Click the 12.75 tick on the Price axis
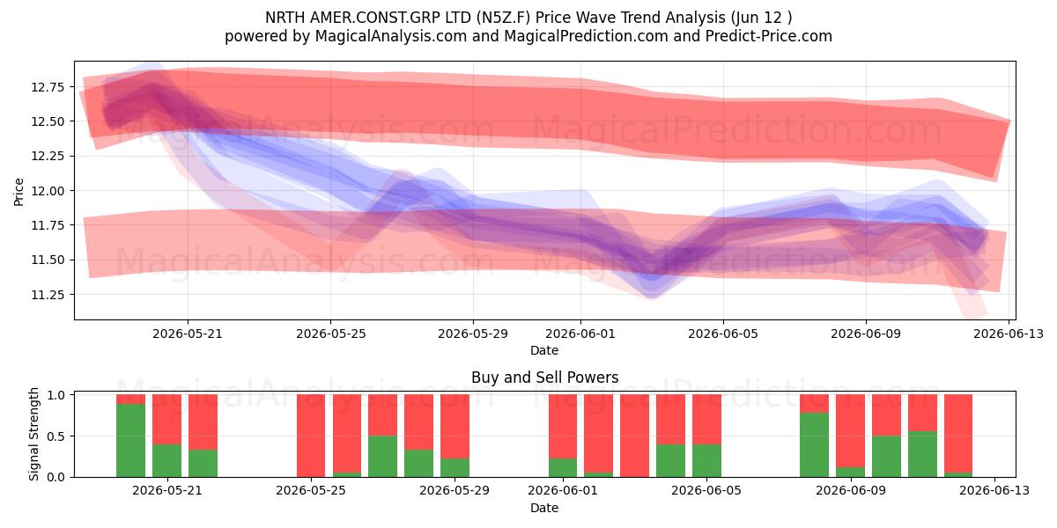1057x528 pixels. coord(48,87)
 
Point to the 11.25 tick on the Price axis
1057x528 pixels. coord(48,295)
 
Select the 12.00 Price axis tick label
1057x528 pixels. coord(48,191)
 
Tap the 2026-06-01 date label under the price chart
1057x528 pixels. coord(580,334)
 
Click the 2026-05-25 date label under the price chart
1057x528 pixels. coord(331,334)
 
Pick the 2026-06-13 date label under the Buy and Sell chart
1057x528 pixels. coord(994,491)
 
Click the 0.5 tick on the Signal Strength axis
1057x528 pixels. coord(56,436)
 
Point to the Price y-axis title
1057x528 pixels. coord(18,192)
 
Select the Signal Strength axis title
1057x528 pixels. coord(33,434)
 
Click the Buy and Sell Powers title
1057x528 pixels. coord(544,378)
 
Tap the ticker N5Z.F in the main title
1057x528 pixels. coord(503,18)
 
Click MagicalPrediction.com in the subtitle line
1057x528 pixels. coord(586,36)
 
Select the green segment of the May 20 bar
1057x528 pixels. coord(130,440)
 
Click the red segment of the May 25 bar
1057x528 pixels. coord(311,436)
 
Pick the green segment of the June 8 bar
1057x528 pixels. coord(814,445)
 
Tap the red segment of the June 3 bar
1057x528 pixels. coord(635,436)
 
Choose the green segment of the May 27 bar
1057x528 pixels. coord(382,457)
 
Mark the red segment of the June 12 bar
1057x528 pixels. coord(958,434)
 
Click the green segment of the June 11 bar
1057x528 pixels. coord(922,454)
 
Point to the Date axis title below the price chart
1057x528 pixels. coord(544,350)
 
